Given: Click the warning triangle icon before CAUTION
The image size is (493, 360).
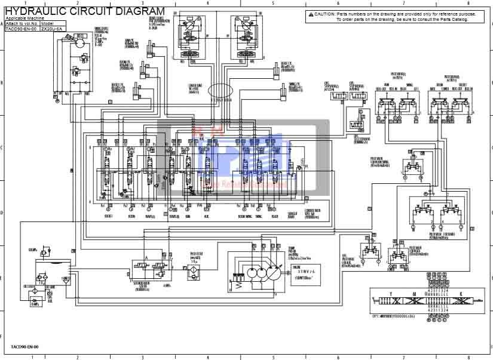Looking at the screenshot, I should tap(311, 14).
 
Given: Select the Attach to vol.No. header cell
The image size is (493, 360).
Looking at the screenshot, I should tap(22, 24).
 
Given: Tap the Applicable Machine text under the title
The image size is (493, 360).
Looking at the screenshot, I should tap(23, 19).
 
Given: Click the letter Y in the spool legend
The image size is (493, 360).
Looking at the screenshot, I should tap(390, 294).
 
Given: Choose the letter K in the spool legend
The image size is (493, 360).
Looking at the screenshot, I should tap(460, 294).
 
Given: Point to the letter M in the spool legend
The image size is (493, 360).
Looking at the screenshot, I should tap(414, 294).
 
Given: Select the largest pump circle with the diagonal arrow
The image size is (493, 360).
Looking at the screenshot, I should tap(273, 274).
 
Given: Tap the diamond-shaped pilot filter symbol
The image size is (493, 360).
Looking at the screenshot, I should tap(192, 269).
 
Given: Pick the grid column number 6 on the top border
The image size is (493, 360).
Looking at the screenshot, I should tap(338, 3).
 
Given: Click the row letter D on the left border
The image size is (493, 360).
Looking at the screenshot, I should tap(3, 211).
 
